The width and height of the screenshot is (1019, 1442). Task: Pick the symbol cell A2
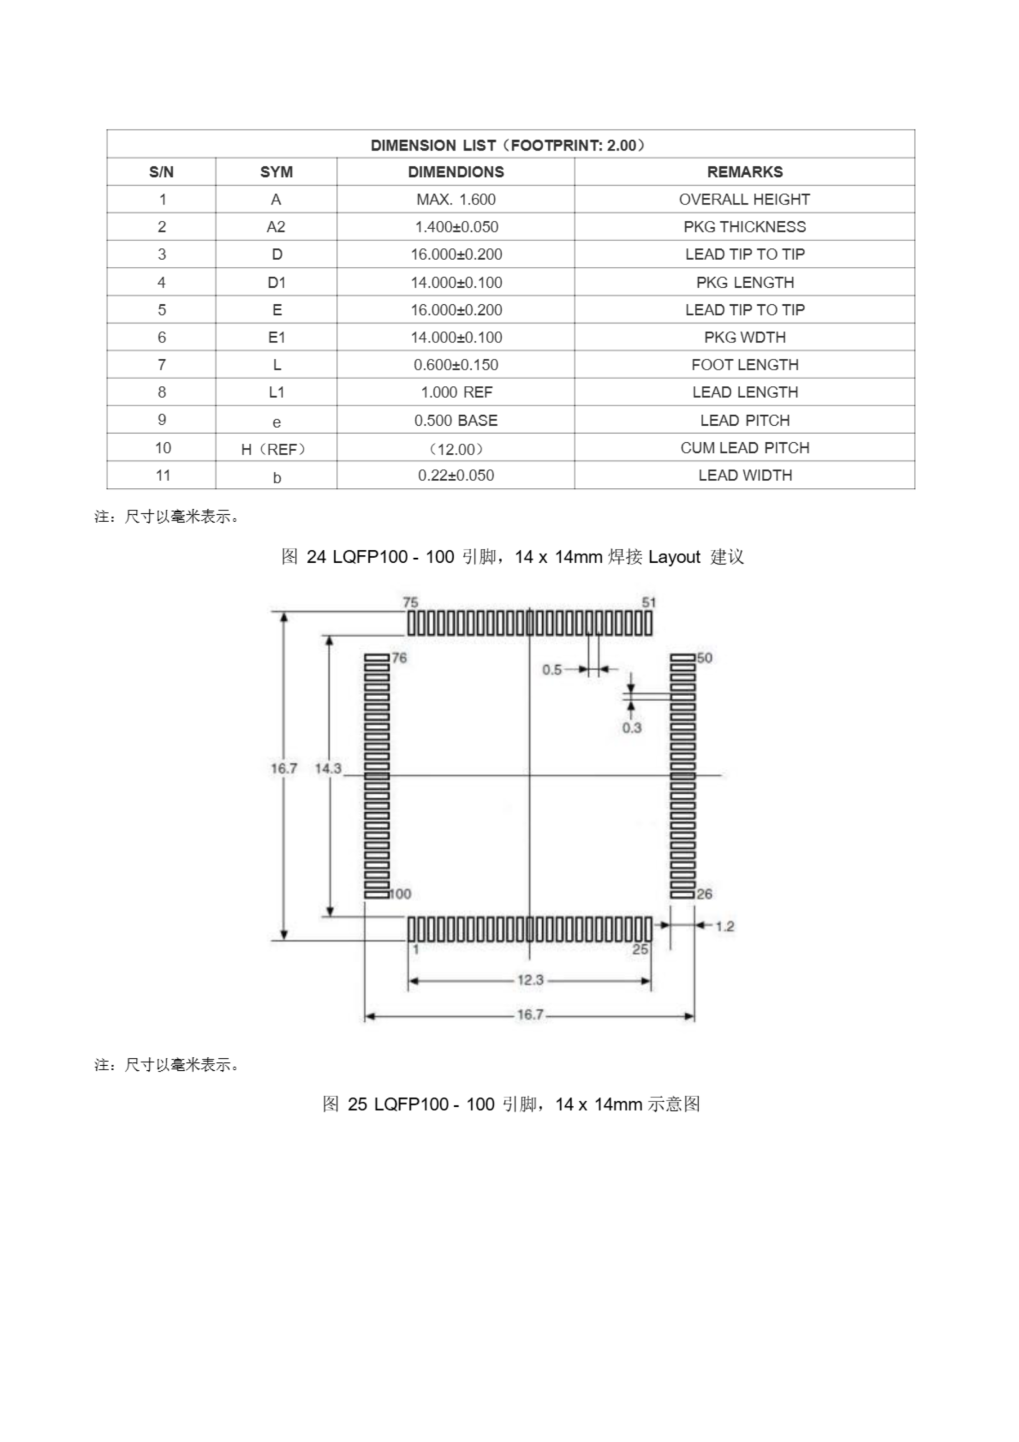pos(276,227)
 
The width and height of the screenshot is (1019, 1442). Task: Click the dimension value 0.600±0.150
pos(456,365)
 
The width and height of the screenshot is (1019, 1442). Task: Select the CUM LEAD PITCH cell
pos(745,448)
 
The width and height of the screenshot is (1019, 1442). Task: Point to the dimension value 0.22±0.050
pos(456,475)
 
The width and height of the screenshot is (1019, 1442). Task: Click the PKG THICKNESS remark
pos(745,227)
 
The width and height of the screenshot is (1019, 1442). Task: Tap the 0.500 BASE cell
pos(456,420)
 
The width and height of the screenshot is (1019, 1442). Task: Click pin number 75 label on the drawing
pos(410,602)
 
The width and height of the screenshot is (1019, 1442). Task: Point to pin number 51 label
pos(649,602)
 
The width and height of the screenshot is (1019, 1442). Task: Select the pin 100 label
pos(400,894)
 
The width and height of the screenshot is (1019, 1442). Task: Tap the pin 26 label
pos(704,894)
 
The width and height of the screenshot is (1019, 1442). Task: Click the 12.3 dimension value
pos(530,980)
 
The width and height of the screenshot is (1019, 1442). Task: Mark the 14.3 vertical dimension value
pos(328,768)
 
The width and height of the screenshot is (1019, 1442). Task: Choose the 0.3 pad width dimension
pos(632,728)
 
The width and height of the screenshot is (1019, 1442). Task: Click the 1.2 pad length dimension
pos(725,927)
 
